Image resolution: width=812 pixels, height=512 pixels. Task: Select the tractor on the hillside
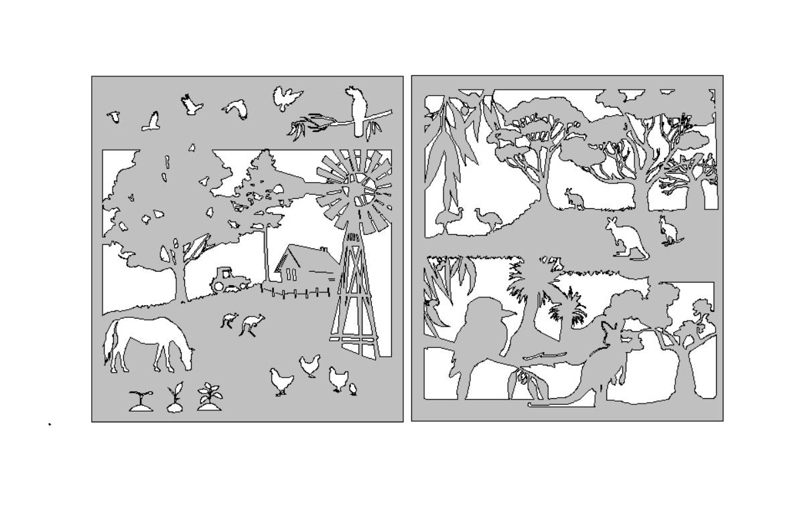click(224, 279)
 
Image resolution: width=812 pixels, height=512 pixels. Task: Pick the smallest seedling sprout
click(140, 400)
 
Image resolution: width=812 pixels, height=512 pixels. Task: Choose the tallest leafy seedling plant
click(210, 396)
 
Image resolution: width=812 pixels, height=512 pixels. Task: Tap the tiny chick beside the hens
click(353, 388)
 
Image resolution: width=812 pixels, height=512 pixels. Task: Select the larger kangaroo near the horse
click(252, 324)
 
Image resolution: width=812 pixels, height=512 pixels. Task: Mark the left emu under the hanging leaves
click(448, 219)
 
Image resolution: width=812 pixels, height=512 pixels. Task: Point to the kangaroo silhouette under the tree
click(573, 199)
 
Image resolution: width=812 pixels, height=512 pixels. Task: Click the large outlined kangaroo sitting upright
click(625, 238)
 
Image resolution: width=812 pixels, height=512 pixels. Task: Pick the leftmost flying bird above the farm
click(115, 117)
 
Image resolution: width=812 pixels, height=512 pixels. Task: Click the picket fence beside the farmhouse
click(298, 292)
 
